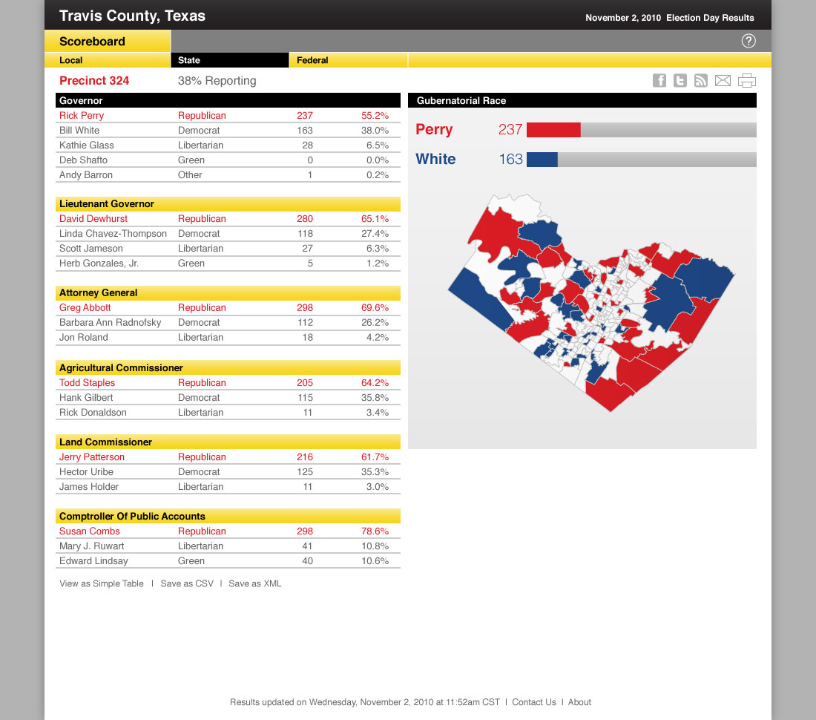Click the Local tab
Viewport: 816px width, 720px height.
click(71, 60)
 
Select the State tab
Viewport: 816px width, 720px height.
click(189, 60)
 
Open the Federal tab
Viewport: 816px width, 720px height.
click(312, 60)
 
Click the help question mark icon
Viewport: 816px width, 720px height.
click(748, 42)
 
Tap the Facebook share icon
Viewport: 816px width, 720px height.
click(659, 81)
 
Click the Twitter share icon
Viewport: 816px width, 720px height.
click(680, 81)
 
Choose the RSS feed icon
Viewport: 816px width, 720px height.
click(701, 81)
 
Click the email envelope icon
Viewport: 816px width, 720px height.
click(723, 81)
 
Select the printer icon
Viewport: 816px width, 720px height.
click(747, 81)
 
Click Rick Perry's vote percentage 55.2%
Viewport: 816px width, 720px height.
click(375, 116)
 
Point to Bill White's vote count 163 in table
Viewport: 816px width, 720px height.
click(304, 131)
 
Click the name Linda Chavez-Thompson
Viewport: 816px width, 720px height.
click(113, 234)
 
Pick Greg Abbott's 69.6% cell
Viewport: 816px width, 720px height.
click(375, 308)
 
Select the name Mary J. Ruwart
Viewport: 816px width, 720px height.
click(92, 546)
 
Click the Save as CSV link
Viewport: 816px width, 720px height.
click(187, 584)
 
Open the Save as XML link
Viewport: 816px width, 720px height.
click(255, 584)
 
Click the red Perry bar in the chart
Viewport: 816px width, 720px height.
click(553, 130)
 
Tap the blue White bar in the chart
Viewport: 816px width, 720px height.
click(542, 160)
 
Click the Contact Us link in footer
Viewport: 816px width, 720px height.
click(533, 702)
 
